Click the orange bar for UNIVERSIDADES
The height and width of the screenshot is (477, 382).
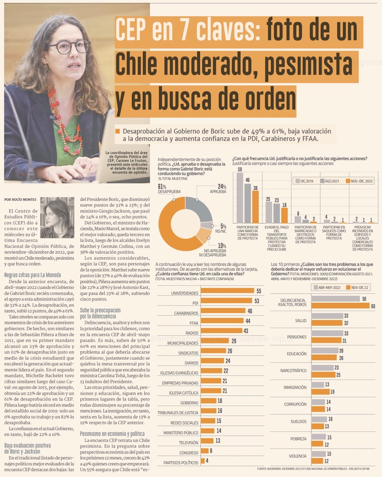pos(227,291)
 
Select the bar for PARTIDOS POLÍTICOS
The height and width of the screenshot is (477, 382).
pos(202,461)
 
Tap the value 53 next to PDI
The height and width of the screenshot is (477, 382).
pos(257,301)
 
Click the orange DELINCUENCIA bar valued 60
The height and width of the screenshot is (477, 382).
pos(341,305)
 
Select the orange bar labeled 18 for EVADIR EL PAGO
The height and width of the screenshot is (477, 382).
pos(284,216)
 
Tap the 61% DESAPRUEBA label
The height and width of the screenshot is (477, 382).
pos(169,189)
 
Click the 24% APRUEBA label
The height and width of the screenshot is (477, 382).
pos(218,189)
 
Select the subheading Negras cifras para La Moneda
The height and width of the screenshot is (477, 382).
pos(32,275)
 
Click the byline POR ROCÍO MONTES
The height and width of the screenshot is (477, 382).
pos(21,199)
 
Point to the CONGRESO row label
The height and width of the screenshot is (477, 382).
pos(189,453)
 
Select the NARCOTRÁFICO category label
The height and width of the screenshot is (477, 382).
pos(293,371)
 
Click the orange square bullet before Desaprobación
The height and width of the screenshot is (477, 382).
pos(118,131)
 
